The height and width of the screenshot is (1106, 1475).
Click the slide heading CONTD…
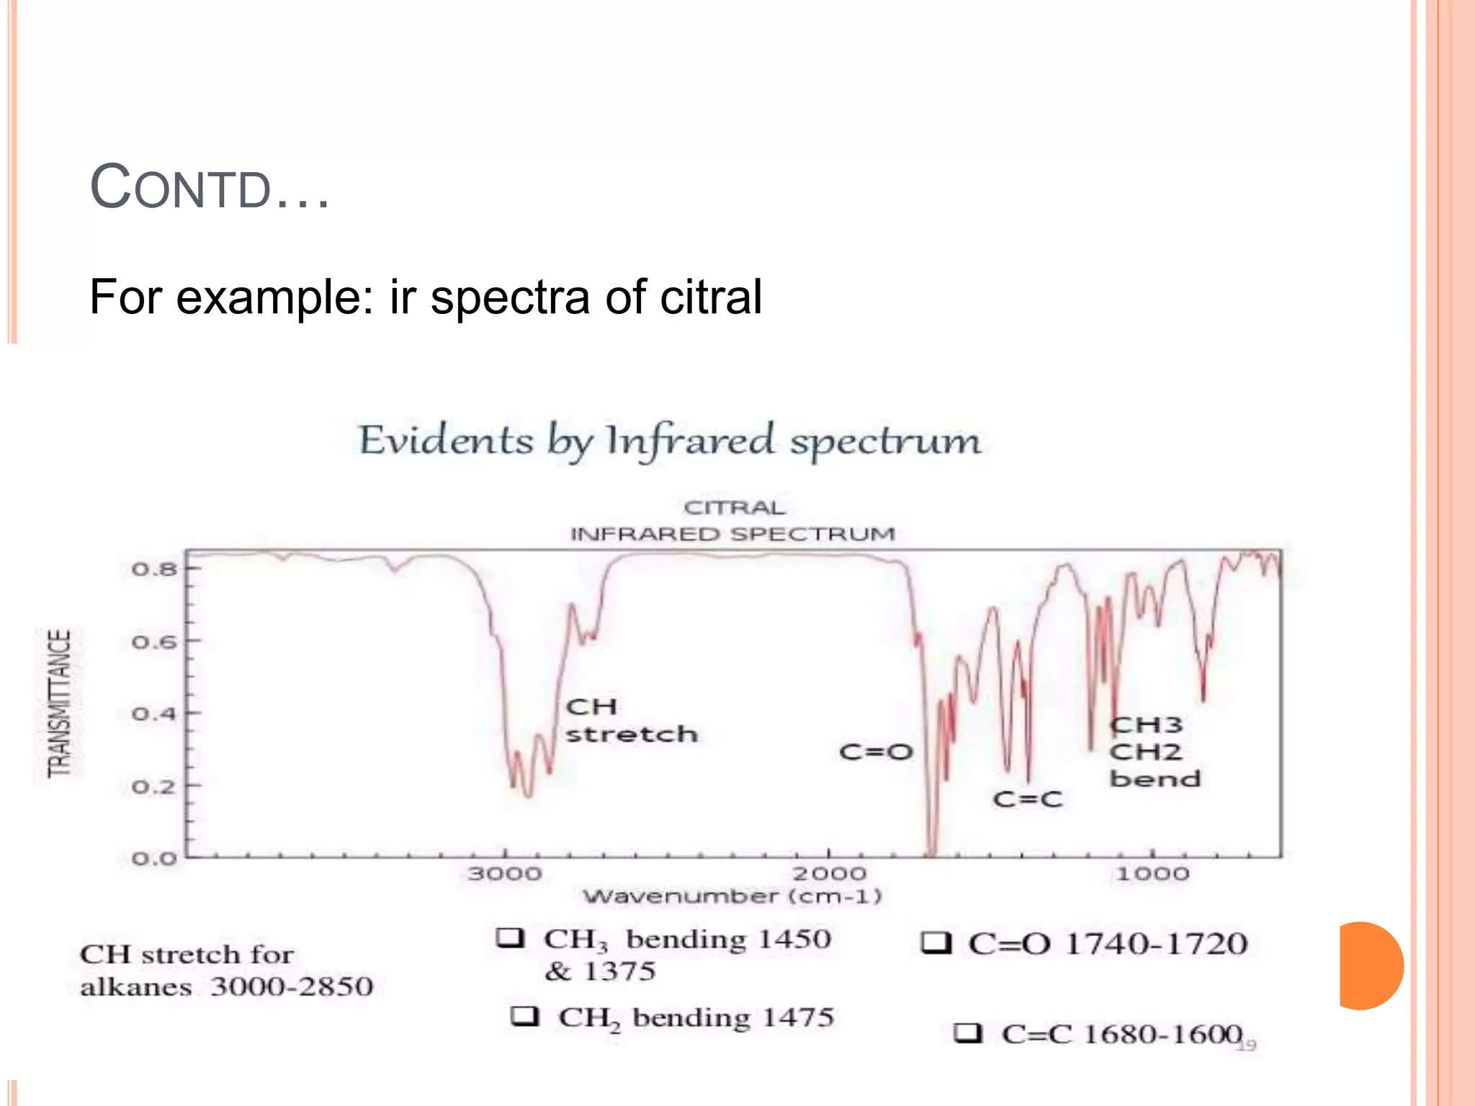[x=210, y=188]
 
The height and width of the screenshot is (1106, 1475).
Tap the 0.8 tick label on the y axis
[x=153, y=570]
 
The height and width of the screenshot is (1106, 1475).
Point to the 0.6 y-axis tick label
[x=153, y=642]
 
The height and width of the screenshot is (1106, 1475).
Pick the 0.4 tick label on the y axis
[x=153, y=714]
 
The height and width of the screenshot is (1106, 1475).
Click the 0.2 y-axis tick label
[x=153, y=786]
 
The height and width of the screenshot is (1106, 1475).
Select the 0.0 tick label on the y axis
[x=153, y=858]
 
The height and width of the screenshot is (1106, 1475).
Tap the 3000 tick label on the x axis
[x=504, y=874]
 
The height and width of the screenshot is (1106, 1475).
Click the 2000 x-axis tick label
[x=829, y=874]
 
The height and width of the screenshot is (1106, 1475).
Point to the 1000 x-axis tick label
[x=1152, y=874]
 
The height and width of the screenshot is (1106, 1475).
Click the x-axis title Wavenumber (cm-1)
[x=732, y=896]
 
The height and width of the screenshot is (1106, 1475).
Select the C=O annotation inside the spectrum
[x=876, y=752]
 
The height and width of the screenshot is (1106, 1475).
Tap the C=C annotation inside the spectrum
[x=1027, y=799]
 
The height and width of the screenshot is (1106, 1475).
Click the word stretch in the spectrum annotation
[x=632, y=734]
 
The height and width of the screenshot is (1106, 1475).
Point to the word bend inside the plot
[x=1155, y=779]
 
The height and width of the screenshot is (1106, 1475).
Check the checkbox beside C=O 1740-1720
[x=936, y=943]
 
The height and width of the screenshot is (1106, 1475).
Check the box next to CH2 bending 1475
[x=524, y=1017]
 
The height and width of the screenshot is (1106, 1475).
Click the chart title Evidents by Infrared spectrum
[x=670, y=441]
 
